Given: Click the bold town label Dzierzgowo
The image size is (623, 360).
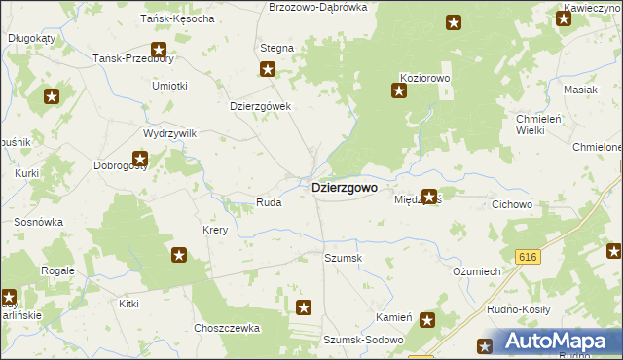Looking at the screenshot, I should click(344, 188).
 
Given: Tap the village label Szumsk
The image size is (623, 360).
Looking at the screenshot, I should click(343, 258).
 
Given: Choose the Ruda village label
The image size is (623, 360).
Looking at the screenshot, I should click(269, 202).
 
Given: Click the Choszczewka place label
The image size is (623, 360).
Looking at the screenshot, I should click(227, 329).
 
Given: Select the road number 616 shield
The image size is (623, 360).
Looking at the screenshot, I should click(528, 257).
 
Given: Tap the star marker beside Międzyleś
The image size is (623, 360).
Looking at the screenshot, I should click(428, 197).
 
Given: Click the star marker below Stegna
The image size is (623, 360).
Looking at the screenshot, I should click(268, 69).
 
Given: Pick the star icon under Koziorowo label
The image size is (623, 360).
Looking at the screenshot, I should click(399, 91).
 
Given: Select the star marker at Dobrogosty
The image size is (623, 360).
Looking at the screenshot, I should click(140, 158).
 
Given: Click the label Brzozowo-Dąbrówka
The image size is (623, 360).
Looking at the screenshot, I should click(317, 7).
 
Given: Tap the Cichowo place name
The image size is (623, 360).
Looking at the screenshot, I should click(512, 204).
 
